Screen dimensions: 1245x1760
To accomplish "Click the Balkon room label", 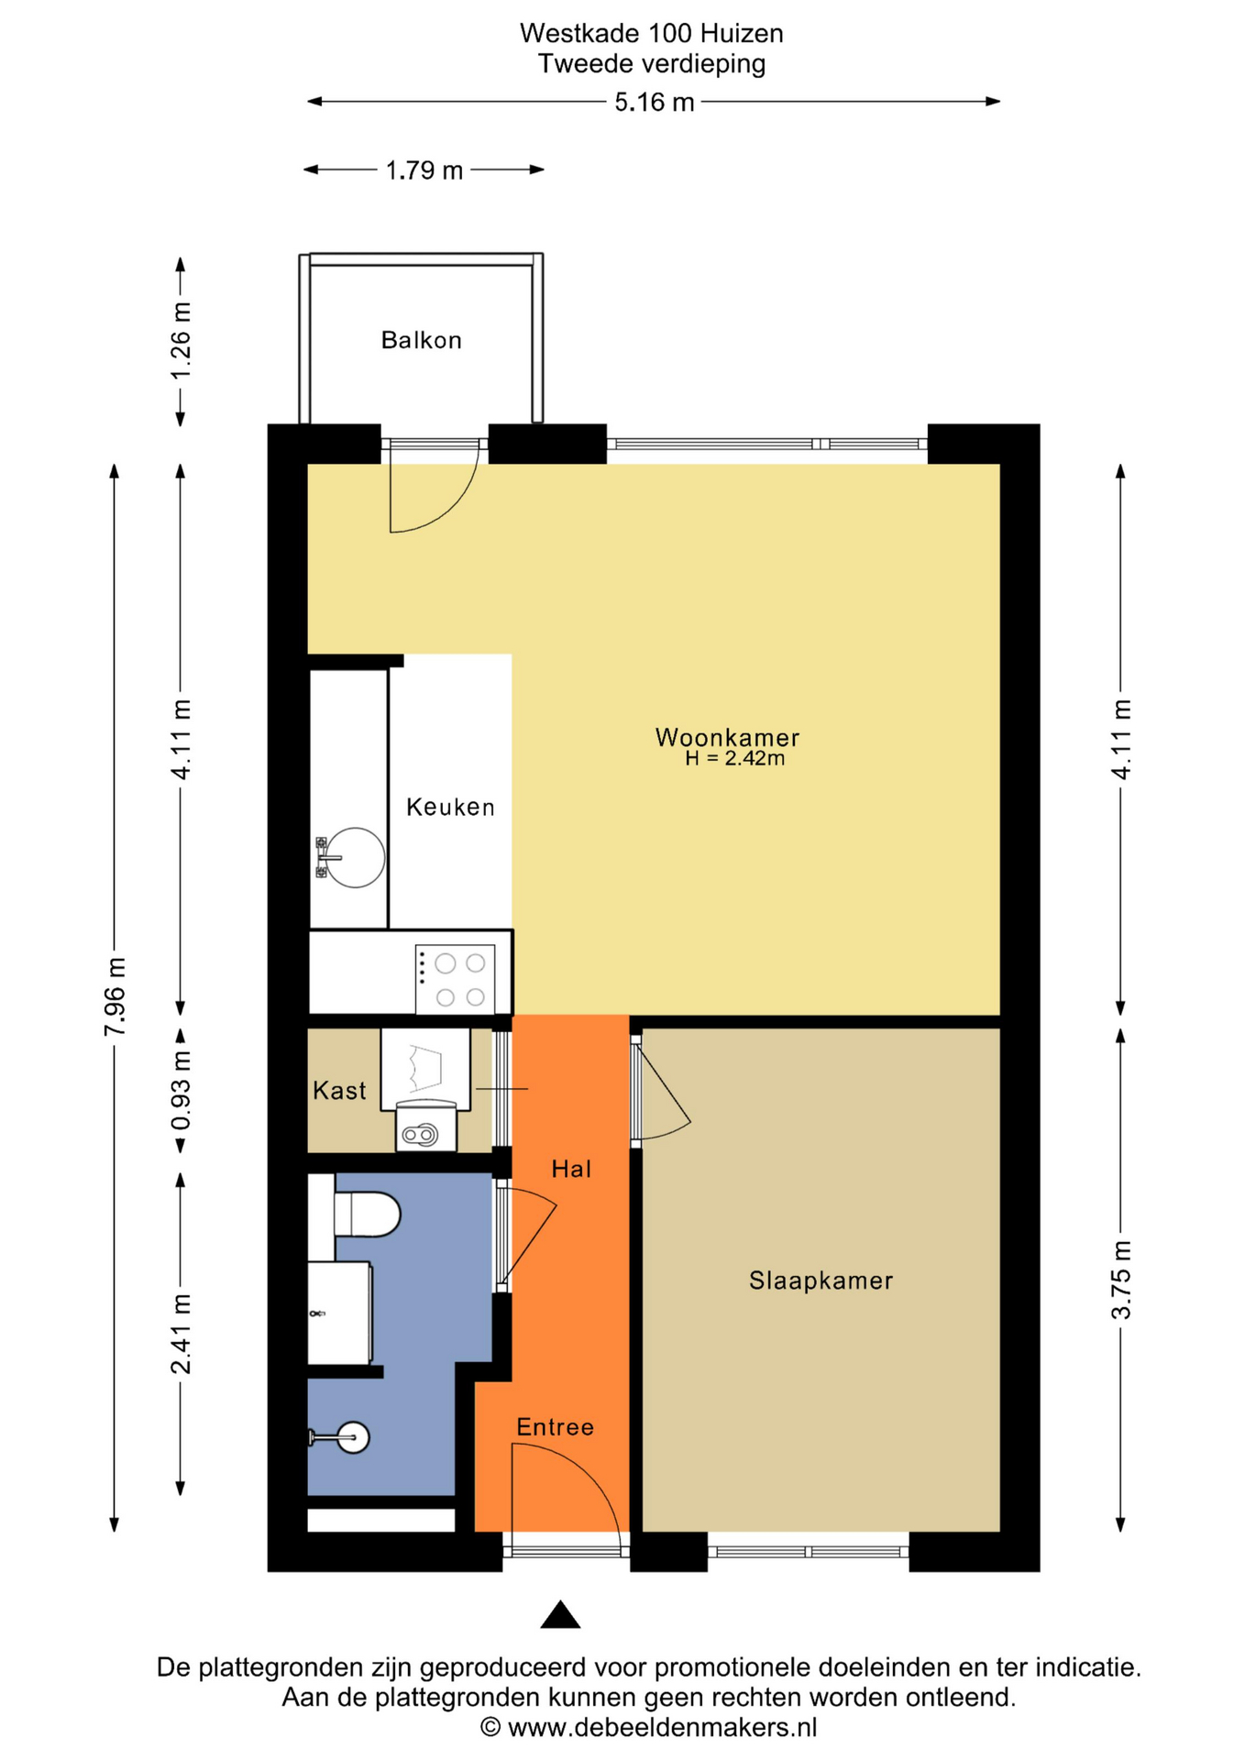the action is [x=421, y=340].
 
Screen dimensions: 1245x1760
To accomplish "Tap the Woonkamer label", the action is [x=727, y=737].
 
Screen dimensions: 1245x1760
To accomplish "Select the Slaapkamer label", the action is [x=821, y=1281].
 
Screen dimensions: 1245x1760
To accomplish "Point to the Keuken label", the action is [x=450, y=807].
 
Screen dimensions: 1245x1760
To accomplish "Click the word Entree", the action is [x=555, y=1426].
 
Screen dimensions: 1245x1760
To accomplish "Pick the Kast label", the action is [x=339, y=1090].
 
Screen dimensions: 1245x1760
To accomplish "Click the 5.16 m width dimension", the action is [x=654, y=102].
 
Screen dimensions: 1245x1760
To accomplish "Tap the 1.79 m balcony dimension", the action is [x=424, y=170].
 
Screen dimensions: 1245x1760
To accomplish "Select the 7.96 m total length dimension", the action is [x=116, y=996].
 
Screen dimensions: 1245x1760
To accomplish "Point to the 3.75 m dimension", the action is [x=1121, y=1280].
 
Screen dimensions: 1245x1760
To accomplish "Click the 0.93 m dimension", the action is [x=182, y=1090].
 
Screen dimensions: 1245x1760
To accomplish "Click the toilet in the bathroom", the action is [x=366, y=1214].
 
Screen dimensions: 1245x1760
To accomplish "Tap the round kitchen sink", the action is [x=355, y=857].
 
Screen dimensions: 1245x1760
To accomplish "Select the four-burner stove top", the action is [x=455, y=979].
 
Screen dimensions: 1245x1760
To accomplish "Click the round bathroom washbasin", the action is [x=353, y=1436].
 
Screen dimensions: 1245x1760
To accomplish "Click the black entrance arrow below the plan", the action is [x=560, y=1615].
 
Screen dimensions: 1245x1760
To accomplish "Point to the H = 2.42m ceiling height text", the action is [x=734, y=758].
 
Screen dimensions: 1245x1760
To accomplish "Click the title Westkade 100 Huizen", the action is [x=652, y=34].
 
